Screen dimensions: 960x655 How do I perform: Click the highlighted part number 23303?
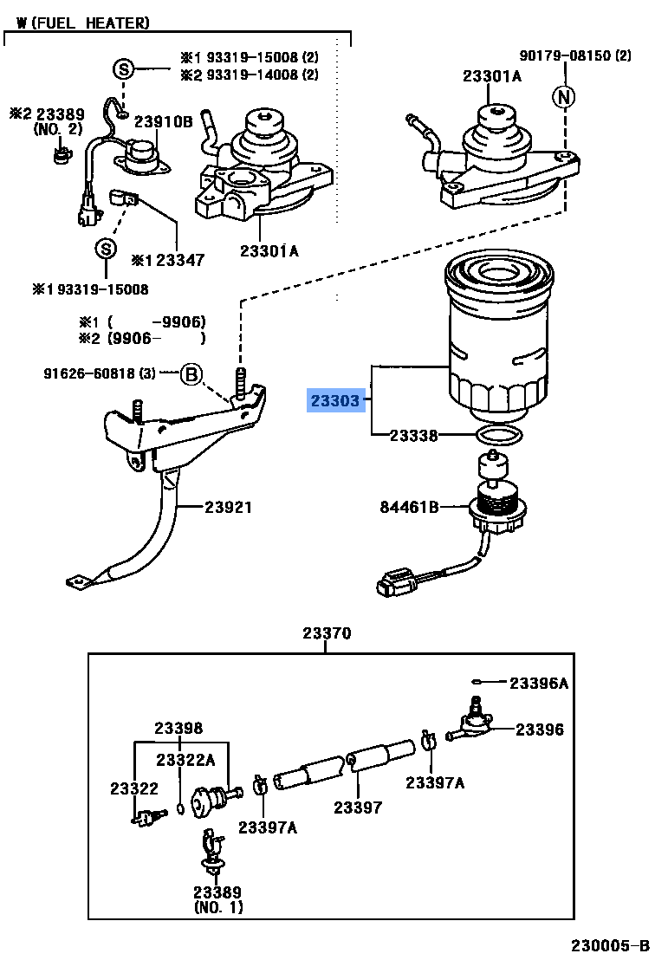(x=335, y=401)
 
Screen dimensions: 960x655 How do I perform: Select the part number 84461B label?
(x=409, y=507)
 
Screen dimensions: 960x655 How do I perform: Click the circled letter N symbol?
(x=565, y=98)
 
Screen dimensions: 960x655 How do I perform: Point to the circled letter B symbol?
(x=191, y=374)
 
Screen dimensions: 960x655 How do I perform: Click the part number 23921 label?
(x=228, y=507)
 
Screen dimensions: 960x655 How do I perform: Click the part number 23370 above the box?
(x=327, y=633)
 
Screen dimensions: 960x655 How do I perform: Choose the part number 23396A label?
(x=538, y=684)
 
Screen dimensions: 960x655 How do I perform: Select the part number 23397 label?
(x=358, y=807)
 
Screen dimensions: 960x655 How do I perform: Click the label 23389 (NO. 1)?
(x=217, y=899)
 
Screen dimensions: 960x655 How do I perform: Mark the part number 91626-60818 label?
(x=100, y=374)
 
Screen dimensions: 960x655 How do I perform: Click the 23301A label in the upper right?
(x=491, y=76)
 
